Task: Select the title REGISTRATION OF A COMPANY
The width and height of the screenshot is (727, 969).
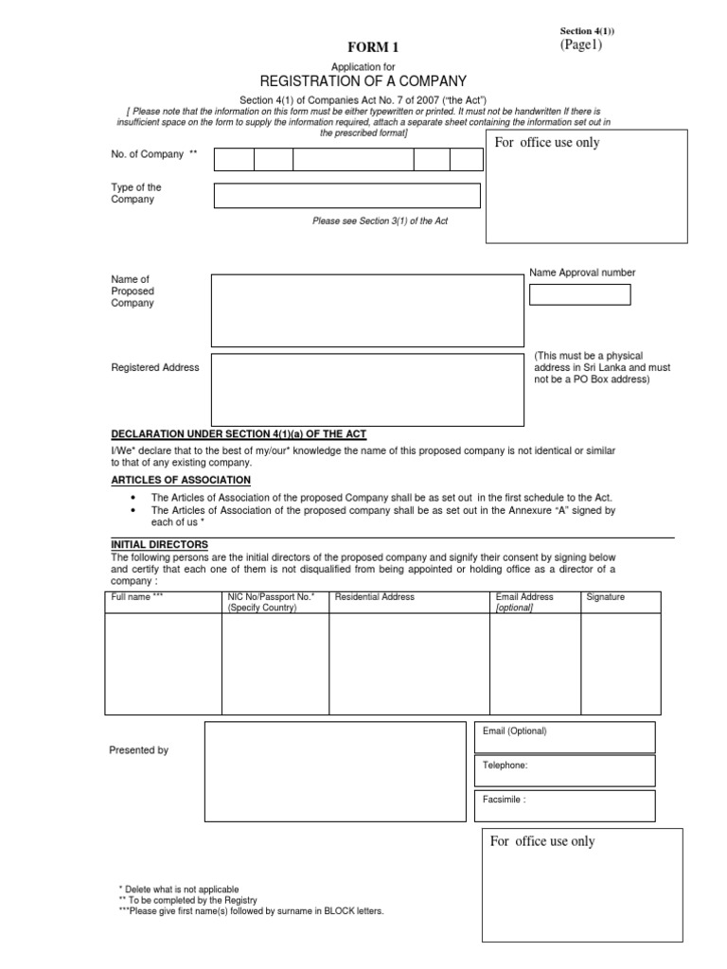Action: (363, 81)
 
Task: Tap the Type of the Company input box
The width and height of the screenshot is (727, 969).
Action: (346, 196)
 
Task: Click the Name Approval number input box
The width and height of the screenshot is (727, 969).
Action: (579, 294)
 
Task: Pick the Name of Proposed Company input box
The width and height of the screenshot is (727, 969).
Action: (367, 310)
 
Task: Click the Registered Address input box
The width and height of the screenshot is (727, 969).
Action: (367, 390)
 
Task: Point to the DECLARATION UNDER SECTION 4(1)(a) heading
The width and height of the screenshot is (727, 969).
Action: (239, 433)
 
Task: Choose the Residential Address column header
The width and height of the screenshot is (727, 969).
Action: (374, 598)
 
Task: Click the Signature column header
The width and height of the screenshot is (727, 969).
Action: (605, 598)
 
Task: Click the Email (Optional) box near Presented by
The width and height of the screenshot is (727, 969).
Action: (565, 737)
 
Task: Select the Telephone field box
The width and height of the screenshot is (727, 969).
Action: (565, 770)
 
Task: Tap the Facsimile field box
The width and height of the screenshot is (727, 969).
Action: (565, 805)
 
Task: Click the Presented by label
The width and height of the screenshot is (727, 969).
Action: (139, 750)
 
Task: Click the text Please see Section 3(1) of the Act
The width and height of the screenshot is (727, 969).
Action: (380, 220)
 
